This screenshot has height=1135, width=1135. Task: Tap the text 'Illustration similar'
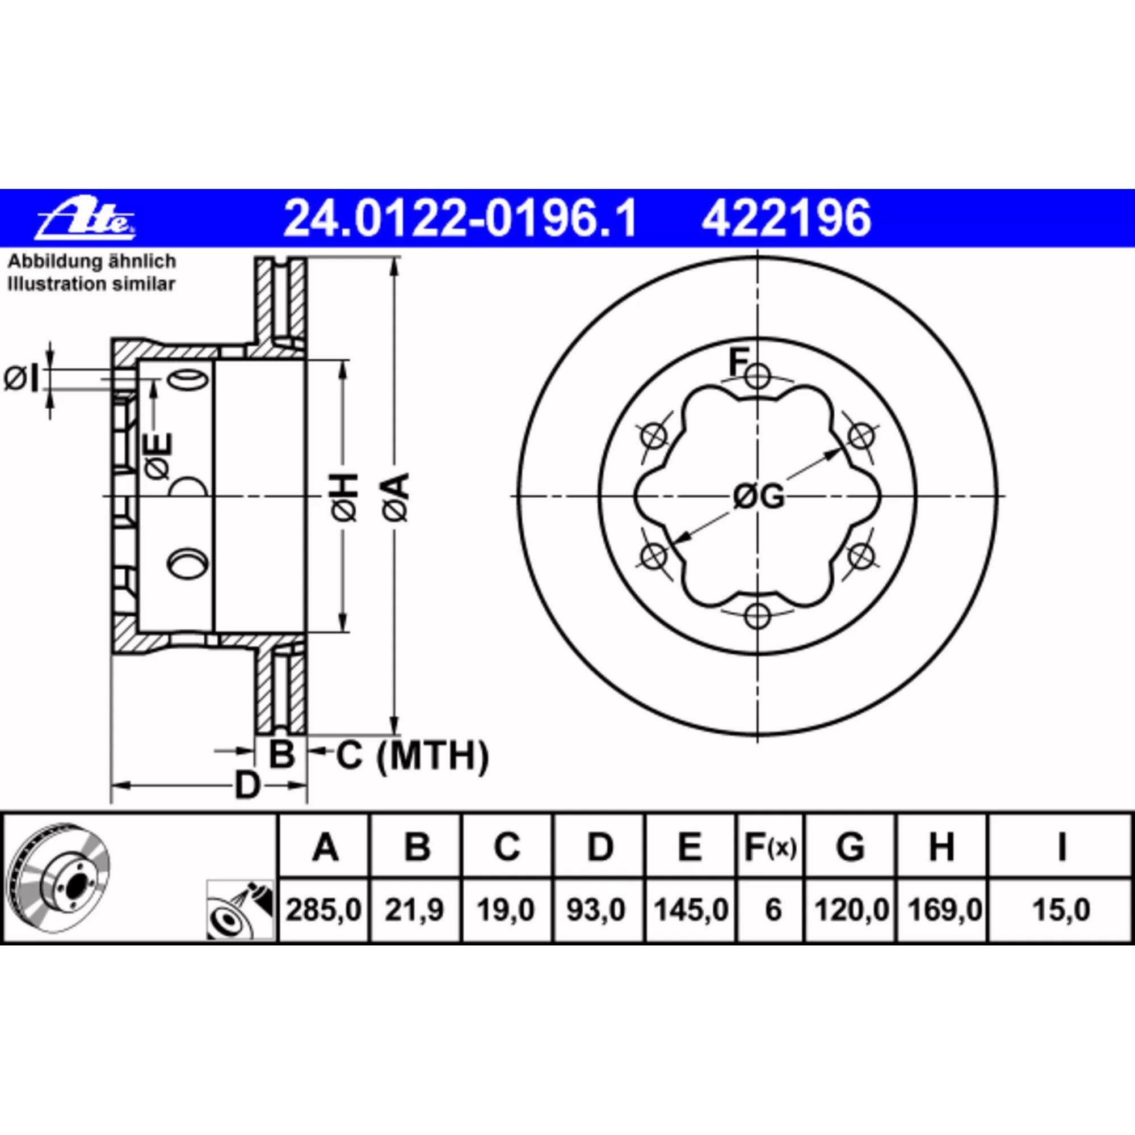tap(91, 284)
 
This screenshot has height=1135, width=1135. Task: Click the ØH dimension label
tap(345, 497)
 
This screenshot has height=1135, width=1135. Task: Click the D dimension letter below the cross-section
tap(247, 785)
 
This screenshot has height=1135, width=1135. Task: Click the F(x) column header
tap(770, 848)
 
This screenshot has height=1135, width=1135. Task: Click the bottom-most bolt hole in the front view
tap(758, 616)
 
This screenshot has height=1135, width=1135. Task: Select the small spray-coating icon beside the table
tap(240, 910)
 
